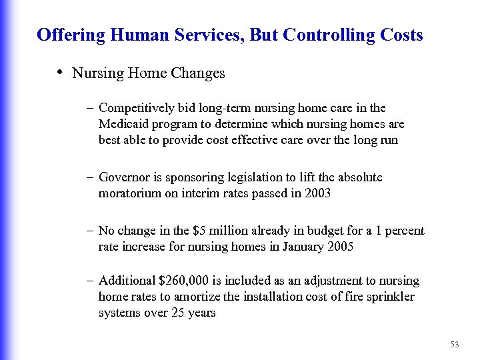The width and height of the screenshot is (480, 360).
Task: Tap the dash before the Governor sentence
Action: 90,177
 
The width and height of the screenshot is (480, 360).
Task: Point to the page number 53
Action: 455,345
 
